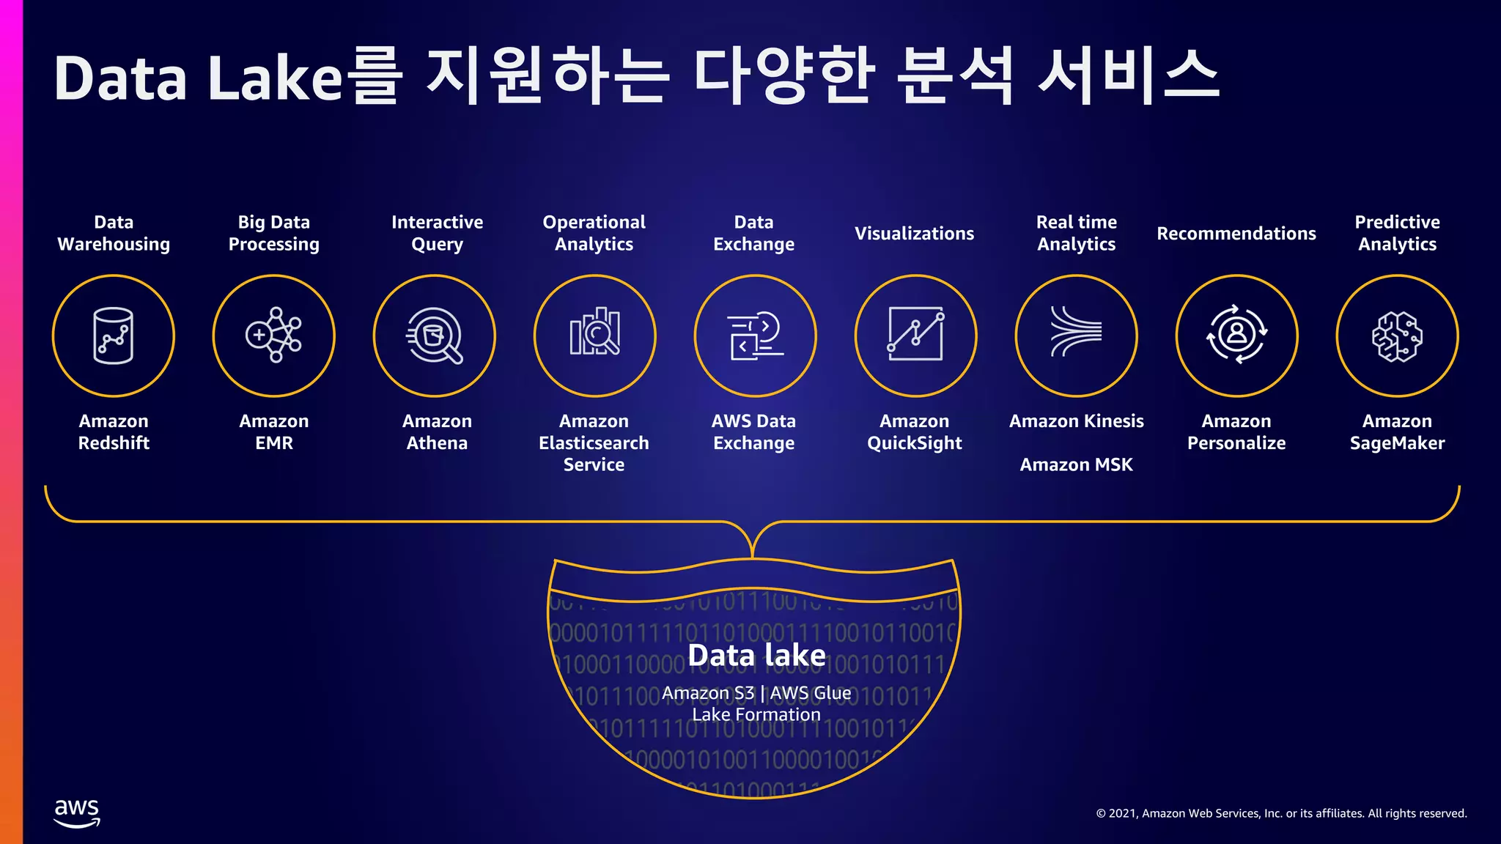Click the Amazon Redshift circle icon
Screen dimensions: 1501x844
114,336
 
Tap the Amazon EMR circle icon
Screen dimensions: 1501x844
274,336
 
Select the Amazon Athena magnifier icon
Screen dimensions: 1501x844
435,336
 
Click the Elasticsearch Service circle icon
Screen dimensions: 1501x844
595,336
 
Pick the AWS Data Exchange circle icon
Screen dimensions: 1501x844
755,336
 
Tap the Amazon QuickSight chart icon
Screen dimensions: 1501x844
915,336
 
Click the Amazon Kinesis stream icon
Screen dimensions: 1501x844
1076,336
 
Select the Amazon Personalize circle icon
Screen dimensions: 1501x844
1236,336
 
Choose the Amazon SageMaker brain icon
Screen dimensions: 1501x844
1397,336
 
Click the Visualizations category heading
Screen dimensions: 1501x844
914,234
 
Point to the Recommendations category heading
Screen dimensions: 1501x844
1236,234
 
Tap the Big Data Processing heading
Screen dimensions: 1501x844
273,233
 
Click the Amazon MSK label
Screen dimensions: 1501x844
1076,464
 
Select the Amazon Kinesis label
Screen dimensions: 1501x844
1076,421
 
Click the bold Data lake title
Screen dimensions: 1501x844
756,655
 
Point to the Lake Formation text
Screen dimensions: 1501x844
756,714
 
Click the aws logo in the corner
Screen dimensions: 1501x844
77,812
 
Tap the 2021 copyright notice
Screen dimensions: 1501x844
1281,813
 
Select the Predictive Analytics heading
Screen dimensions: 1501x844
1397,233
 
